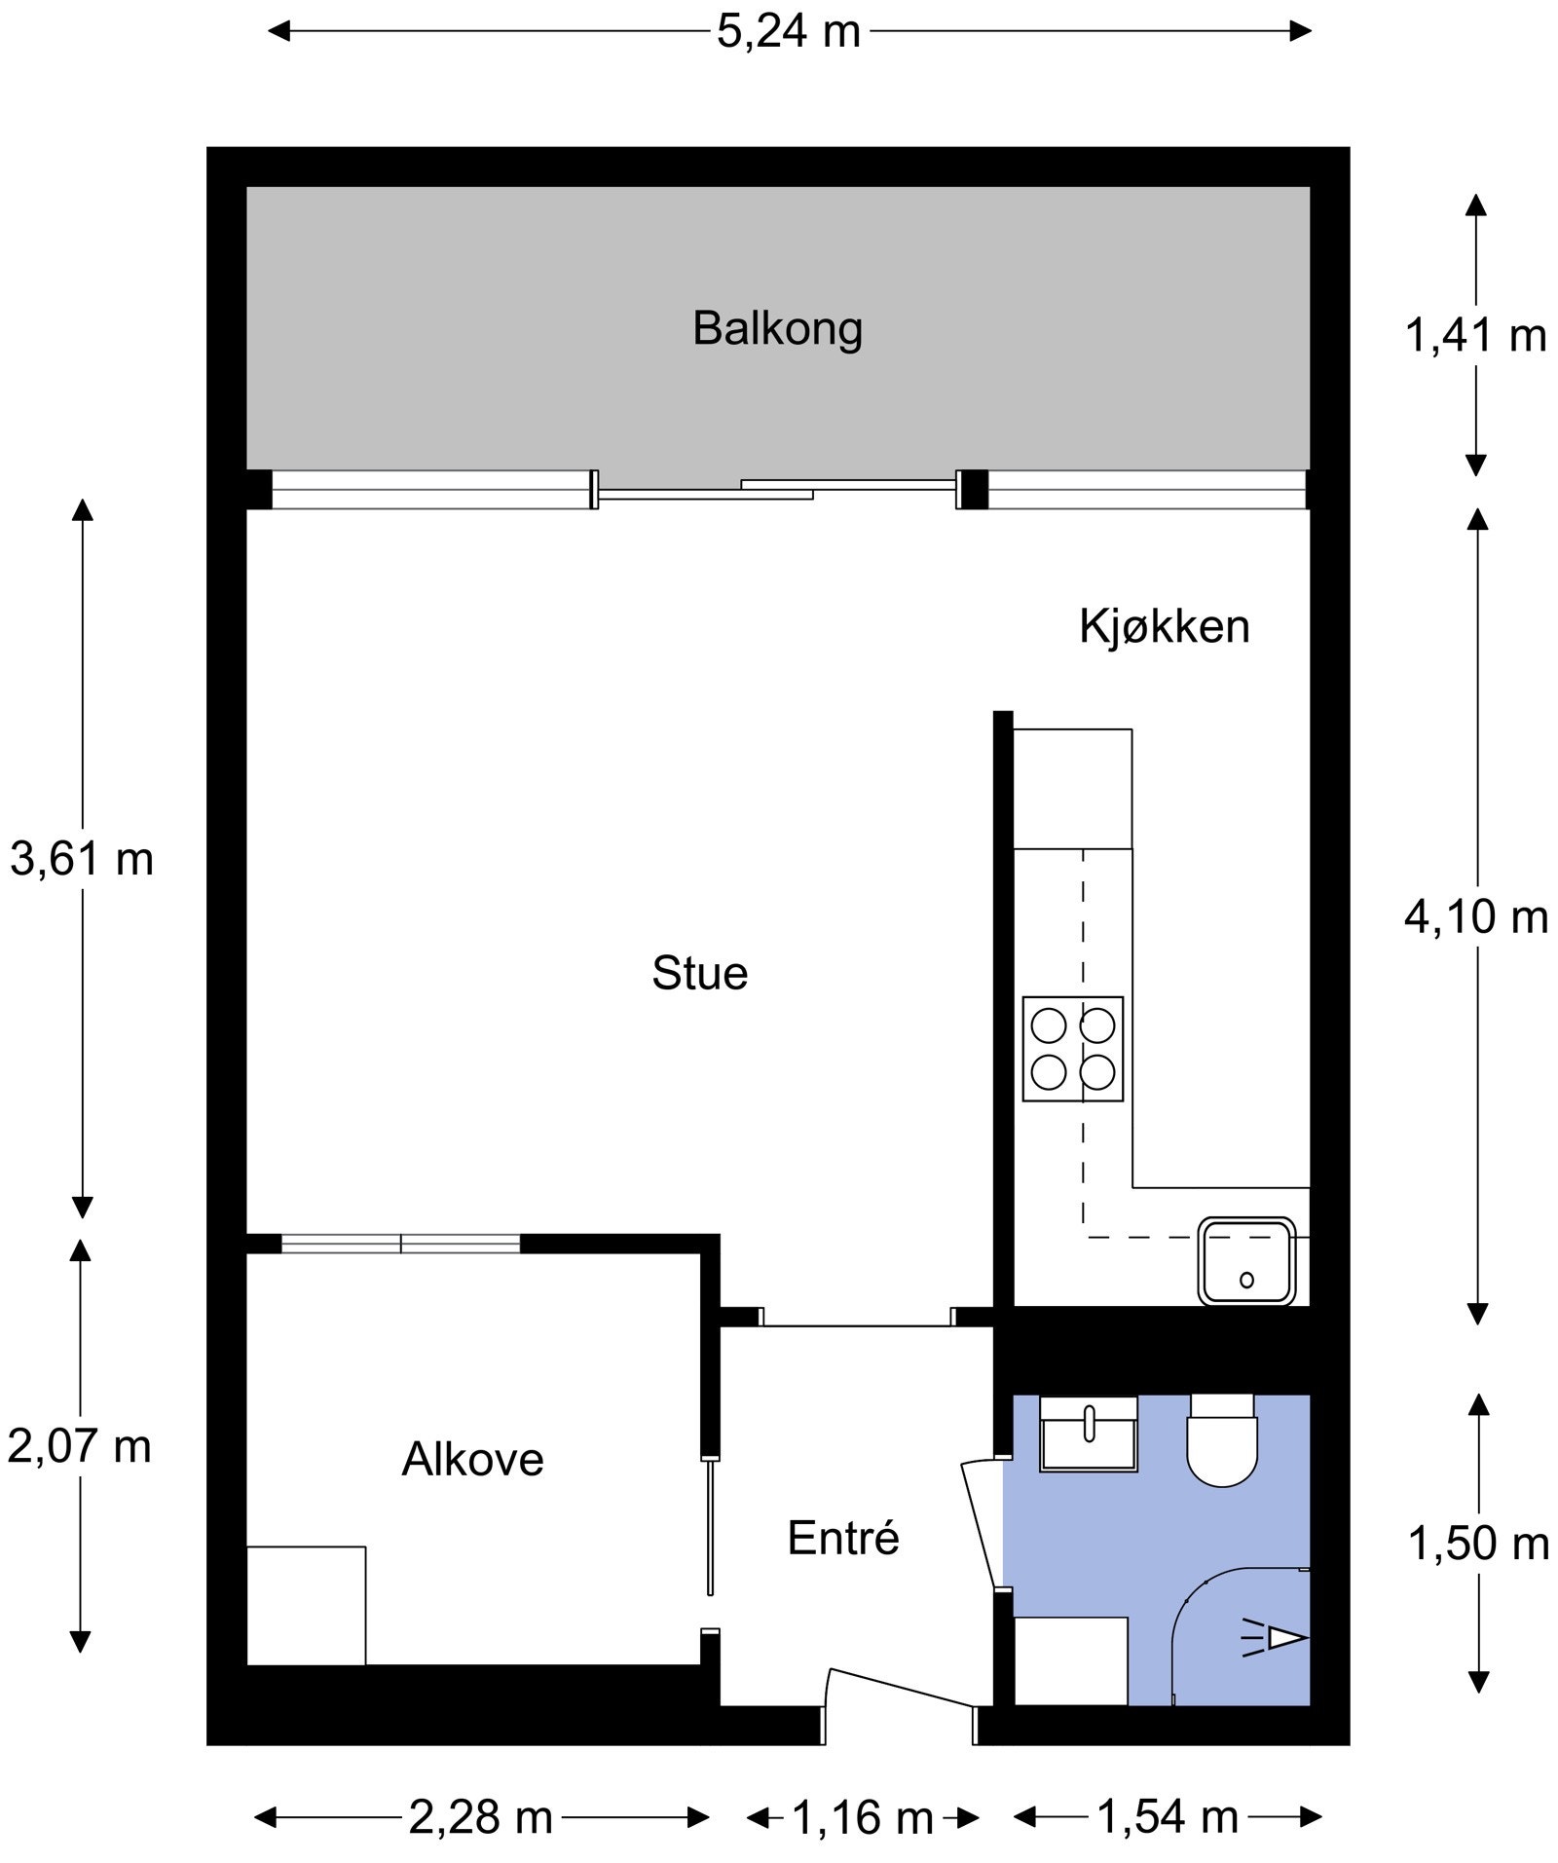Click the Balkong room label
777,329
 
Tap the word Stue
700,973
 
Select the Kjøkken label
1165,627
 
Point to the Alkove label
472,1459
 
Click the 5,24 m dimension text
790,31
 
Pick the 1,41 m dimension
1476,336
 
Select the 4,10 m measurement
1476,917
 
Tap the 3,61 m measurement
82,859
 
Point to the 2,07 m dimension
80,1446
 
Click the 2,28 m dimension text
481,1817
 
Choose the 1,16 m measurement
863,1817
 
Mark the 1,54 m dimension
1168,1817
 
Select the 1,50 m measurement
1479,1544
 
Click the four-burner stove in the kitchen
1073,1049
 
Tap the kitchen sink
1247,1260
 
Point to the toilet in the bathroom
1222,1440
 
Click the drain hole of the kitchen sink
1247,1281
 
